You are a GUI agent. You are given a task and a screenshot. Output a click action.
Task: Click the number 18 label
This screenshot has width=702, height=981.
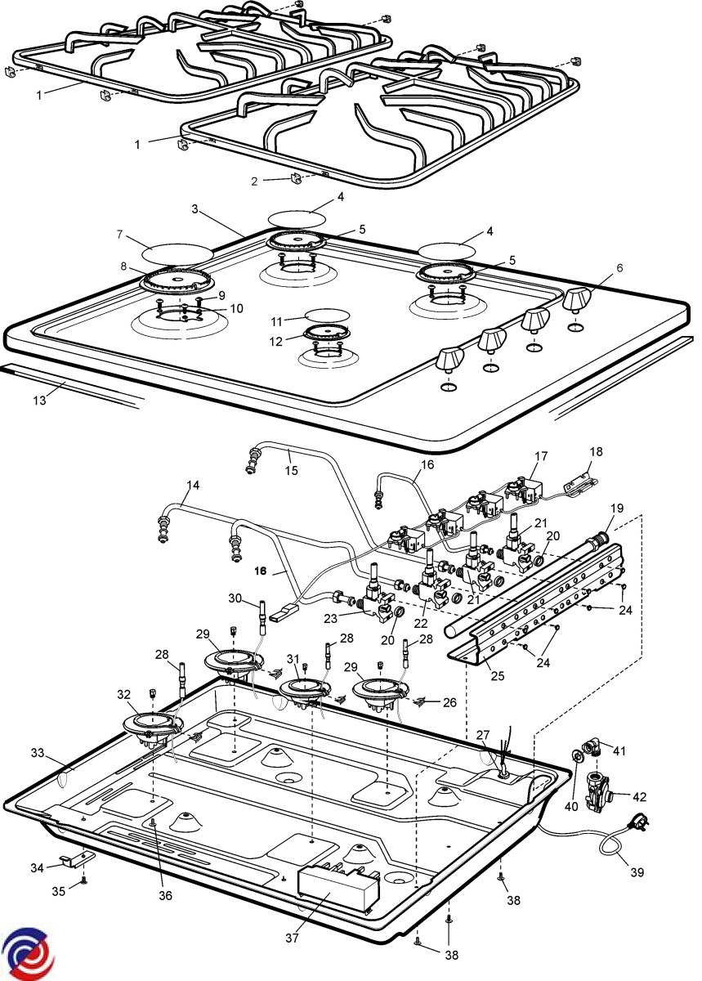[594, 451]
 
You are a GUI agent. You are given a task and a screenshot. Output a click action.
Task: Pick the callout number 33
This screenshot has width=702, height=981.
[36, 752]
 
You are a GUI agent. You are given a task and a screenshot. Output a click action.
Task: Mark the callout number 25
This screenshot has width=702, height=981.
[497, 674]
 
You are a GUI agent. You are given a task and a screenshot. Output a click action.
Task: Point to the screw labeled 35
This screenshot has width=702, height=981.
[84, 881]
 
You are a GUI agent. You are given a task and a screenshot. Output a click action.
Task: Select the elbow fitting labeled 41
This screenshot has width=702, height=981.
[592, 747]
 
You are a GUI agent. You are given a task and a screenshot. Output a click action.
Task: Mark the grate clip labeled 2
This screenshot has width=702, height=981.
[297, 178]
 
